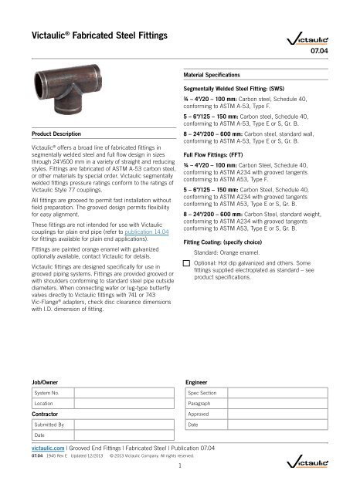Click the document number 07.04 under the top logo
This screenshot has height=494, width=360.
pos(341,53)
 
